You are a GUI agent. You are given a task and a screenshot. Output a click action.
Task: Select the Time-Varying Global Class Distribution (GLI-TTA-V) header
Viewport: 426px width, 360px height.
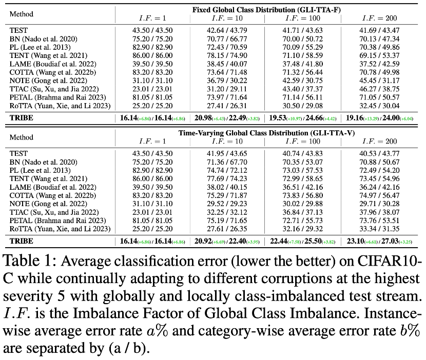click(x=267, y=132)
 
